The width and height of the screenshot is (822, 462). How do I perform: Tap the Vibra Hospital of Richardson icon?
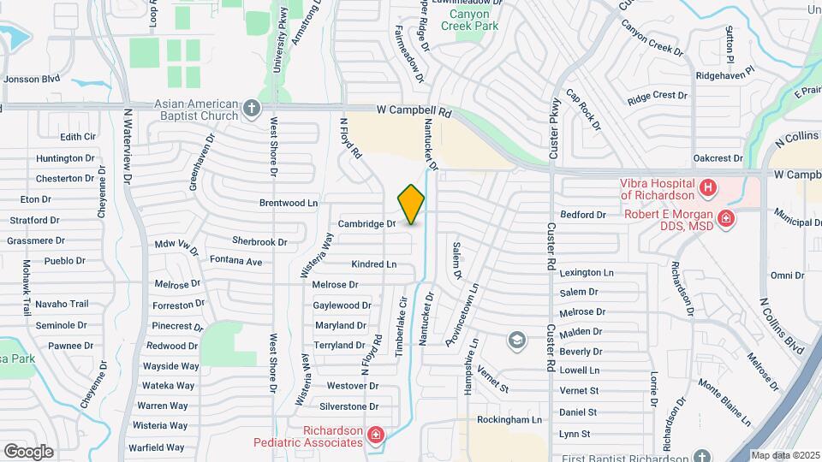click(x=707, y=187)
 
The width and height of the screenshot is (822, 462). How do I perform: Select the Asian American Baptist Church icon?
click(x=251, y=109)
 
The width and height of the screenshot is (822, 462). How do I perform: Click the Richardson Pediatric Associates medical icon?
click(x=375, y=436)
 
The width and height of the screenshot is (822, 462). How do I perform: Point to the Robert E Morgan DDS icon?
click(x=726, y=219)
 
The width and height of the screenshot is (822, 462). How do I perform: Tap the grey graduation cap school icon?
click(x=516, y=341)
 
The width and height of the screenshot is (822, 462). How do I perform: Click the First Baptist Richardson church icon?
click(x=703, y=457)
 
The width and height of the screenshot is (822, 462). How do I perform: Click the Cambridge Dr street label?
click(x=366, y=223)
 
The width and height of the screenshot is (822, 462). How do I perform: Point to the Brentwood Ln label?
click(x=289, y=204)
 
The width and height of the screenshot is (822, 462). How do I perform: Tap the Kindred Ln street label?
click(x=374, y=264)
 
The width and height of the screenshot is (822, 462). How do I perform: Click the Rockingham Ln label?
click(x=509, y=420)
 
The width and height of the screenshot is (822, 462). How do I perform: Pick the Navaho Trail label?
click(x=62, y=304)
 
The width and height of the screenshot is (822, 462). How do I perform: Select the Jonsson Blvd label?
click(x=32, y=79)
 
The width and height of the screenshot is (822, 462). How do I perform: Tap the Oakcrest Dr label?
click(x=718, y=158)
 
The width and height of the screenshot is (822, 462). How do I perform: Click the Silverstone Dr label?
click(x=348, y=406)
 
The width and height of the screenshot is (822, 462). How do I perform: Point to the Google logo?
click(x=28, y=452)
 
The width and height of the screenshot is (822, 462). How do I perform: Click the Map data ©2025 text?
click(x=784, y=455)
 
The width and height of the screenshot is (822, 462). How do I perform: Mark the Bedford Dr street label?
click(x=583, y=215)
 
